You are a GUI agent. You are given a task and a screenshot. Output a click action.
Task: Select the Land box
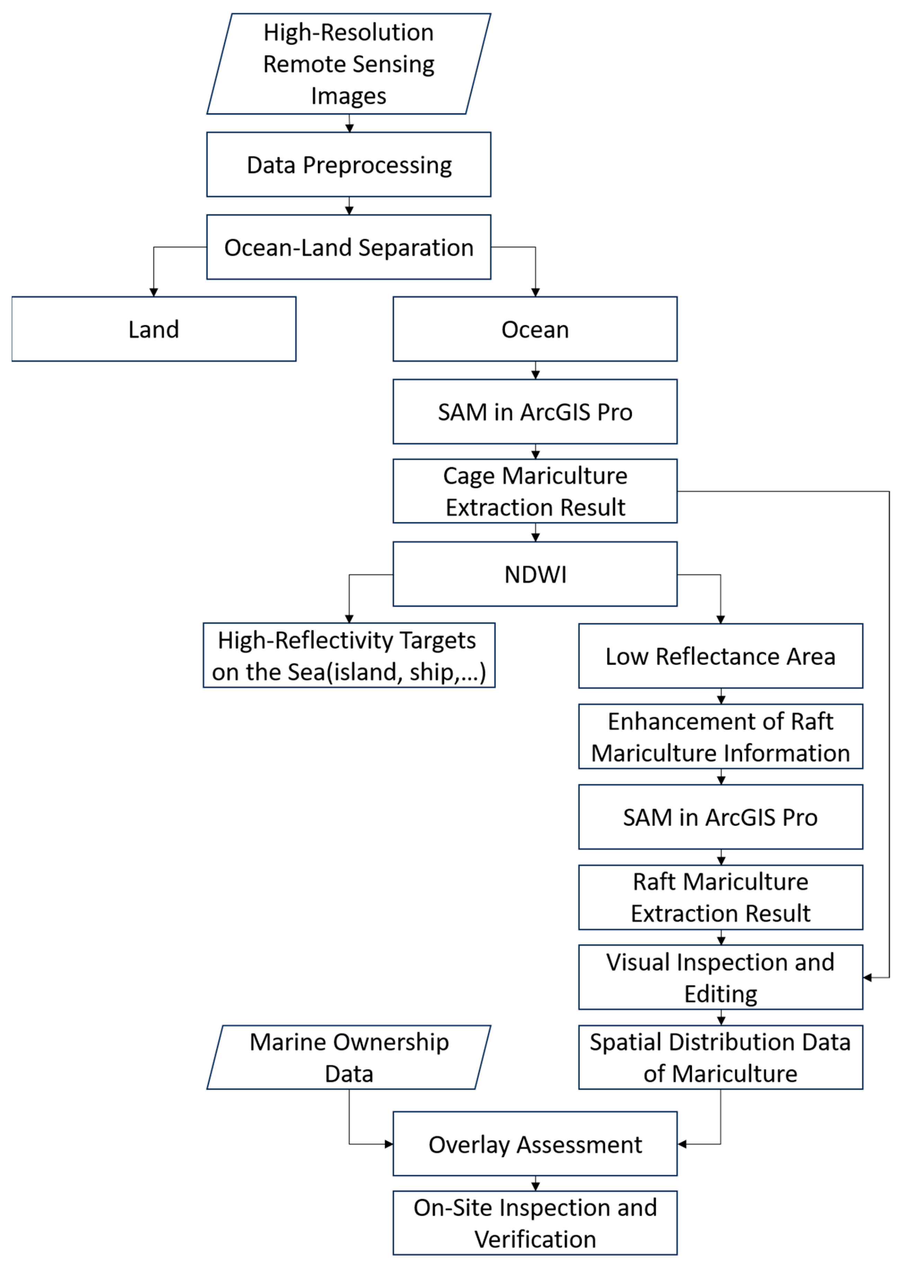pyautogui.click(x=154, y=329)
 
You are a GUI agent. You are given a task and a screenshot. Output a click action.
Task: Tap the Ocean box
pyautogui.click(x=535, y=329)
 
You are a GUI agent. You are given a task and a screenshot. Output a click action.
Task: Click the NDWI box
pyautogui.click(x=535, y=574)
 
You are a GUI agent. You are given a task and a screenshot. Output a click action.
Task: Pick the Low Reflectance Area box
pyautogui.click(x=720, y=656)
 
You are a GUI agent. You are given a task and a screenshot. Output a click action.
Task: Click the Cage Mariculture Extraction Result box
pyautogui.click(x=535, y=491)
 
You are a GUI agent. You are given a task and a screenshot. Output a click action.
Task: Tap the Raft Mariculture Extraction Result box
pyautogui.click(x=720, y=897)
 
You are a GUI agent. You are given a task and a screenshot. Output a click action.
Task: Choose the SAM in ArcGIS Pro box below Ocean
pyautogui.click(x=535, y=412)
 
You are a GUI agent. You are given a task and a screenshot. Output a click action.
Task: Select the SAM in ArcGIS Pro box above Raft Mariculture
pyautogui.click(x=720, y=817)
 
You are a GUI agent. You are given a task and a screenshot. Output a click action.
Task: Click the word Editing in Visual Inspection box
pyautogui.click(x=720, y=994)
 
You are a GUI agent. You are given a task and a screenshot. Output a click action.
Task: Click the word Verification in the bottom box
pyautogui.click(x=535, y=1239)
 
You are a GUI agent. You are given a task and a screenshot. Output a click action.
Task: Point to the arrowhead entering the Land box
pyautogui.click(x=154, y=292)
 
